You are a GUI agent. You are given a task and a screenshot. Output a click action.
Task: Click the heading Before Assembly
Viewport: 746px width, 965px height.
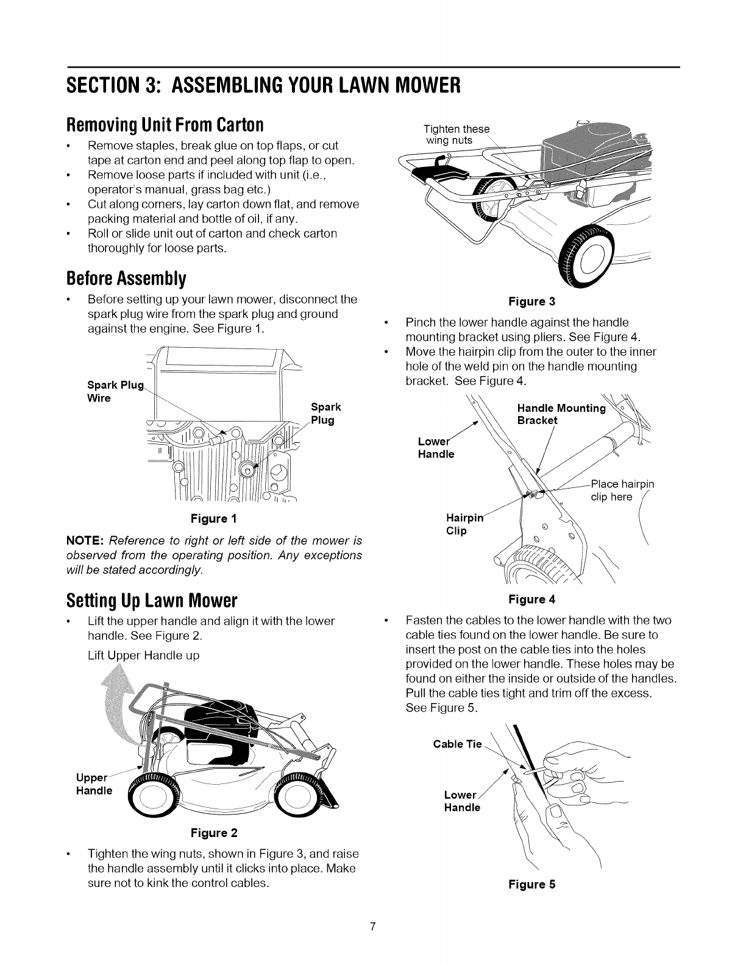(126, 279)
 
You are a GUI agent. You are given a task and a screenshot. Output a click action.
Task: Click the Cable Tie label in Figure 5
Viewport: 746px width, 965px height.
(456, 744)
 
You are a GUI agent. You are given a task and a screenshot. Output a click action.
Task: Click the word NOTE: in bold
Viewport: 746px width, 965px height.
(87, 541)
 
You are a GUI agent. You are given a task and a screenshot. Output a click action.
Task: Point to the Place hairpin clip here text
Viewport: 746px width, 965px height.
(620, 490)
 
